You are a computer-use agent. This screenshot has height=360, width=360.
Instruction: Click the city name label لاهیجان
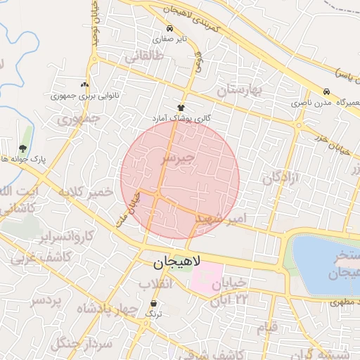pos(176,262)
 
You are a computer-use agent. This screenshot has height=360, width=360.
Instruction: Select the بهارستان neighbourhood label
pos(239,89)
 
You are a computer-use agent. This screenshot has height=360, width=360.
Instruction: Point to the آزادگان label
pos(281,177)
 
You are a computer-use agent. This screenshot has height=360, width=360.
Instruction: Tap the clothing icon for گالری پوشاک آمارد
pos(181,108)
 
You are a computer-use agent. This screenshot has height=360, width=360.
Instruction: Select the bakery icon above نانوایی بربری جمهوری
pos(85,84)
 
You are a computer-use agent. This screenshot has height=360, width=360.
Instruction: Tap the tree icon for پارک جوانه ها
pos(22,148)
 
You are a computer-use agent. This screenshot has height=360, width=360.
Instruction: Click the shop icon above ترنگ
pos(154,303)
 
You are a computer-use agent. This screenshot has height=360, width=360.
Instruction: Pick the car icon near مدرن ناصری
pos(326,92)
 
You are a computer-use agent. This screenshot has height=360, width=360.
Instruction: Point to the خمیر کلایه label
pos(86,191)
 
